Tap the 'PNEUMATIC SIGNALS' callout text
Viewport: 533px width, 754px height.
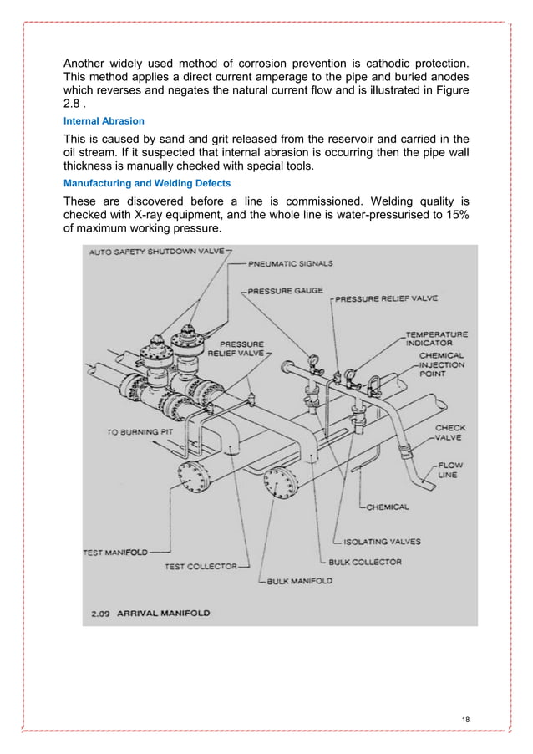(290, 263)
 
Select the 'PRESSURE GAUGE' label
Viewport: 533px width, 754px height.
(287, 292)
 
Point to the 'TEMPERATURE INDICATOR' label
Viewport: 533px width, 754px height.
(437, 338)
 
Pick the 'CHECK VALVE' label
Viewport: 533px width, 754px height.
(450, 433)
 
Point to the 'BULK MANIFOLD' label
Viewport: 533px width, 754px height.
(300, 580)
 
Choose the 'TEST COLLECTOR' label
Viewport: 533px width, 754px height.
(201, 566)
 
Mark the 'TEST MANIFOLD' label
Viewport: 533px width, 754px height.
(115, 552)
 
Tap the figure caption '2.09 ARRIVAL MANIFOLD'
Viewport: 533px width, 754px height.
(150, 613)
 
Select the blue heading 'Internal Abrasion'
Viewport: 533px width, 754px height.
(104, 121)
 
